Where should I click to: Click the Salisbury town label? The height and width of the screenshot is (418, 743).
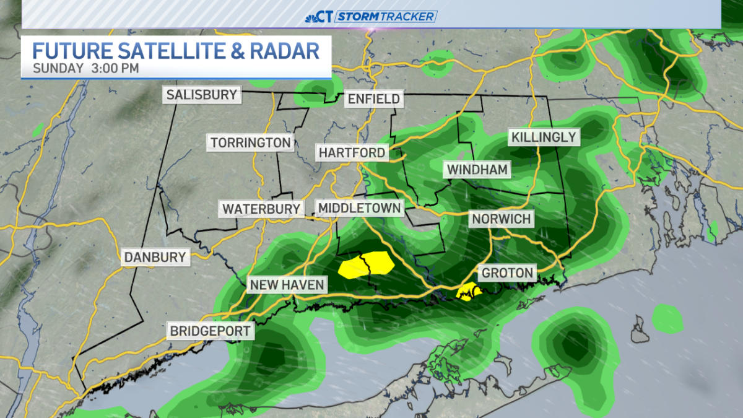pyautogui.click(x=202, y=95)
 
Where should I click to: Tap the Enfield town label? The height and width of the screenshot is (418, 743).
pyautogui.click(x=373, y=98)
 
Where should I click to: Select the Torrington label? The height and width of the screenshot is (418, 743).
pyautogui.click(x=250, y=142)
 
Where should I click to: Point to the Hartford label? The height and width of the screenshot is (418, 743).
pyautogui.click(x=352, y=152)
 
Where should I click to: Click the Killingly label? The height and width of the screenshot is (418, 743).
pyautogui.click(x=543, y=137)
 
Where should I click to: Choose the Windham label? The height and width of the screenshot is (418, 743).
pyautogui.click(x=477, y=169)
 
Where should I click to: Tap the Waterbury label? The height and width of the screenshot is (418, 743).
pyautogui.click(x=261, y=209)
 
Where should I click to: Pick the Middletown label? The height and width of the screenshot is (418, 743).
pyautogui.click(x=359, y=207)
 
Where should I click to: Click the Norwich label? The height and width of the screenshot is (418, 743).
pyautogui.click(x=502, y=219)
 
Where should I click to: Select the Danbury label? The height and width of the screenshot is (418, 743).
pyautogui.click(x=155, y=257)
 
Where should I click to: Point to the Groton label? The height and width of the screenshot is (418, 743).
pyautogui.click(x=507, y=272)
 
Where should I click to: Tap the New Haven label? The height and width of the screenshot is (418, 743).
pyautogui.click(x=287, y=285)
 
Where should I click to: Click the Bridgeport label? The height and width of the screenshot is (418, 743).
pyautogui.click(x=211, y=331)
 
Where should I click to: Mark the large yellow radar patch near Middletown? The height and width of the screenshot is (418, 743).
pyautogui.click(x=367, y=264)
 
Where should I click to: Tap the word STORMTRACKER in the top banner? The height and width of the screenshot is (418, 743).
pyautogui.click(x=386, y=17)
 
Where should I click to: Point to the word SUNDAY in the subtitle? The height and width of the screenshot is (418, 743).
pyautogui.click(x=58, y=67)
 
